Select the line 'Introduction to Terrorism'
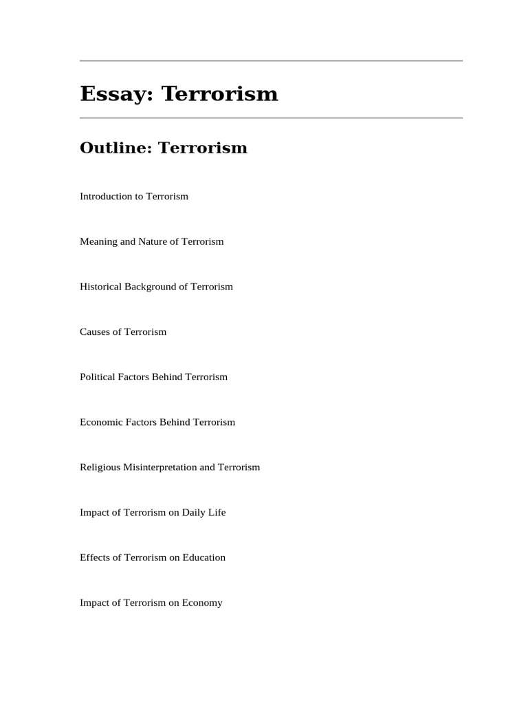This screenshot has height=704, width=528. pyautogui.click(x=134, y=197)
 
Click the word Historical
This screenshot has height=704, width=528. pyautogui.click(x=100, y=287)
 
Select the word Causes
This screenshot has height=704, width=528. pyautogui.click(x=94, y=332)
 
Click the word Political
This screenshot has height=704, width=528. pyautogui.click(x=97, y=377)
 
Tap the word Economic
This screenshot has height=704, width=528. pyautogui.click(x=100, y=422)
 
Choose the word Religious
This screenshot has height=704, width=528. pyautogui.click(x=100, y=467)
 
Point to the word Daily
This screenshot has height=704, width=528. pyautogui.click(x=194, y=513)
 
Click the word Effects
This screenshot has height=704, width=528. pyautogui.click(x=94, y=558)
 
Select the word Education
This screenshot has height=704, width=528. pyautogui.click(x=204, y=558)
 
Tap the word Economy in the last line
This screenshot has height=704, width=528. pyautogui.click(x=203, y=603)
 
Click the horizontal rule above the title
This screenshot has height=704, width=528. pyautogui.click(x=271, y=61)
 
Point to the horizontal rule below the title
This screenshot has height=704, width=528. pyautogui.click(x=271, y=118)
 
